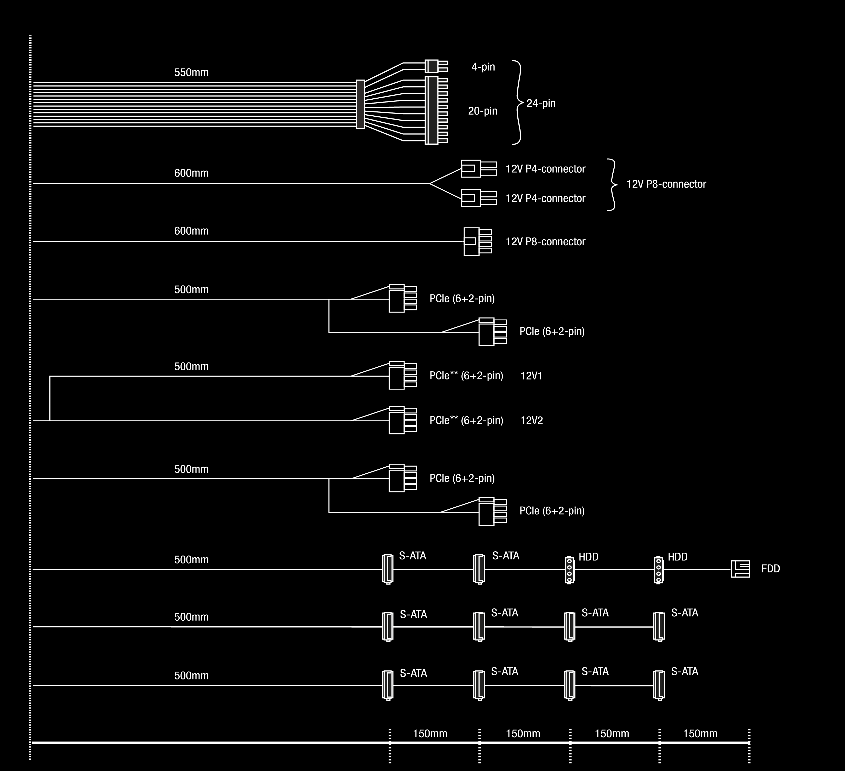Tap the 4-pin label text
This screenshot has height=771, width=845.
click(483, 67)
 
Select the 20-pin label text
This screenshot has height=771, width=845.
click(482, 111)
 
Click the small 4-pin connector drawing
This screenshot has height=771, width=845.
click(436, 66)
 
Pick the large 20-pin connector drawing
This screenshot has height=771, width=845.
click(436, 110)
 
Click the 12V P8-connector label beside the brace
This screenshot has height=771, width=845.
click(666, 184)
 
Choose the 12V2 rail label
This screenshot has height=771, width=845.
click(531, 421)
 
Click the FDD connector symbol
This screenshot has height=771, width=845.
click(740, 569)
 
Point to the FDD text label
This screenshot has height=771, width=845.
click(770, 569)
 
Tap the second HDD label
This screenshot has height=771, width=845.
click(677, 557)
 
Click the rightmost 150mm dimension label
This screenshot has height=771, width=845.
click(700, 734)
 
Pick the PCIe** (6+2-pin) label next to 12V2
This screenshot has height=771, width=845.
click(466, 421)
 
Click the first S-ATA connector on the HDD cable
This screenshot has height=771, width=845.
click(388, 569)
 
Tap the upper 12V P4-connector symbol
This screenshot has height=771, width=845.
click(478, 168)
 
